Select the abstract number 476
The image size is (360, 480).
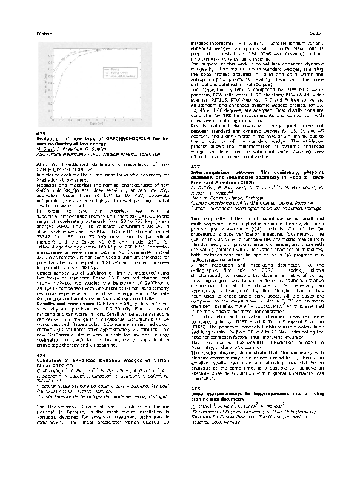41,338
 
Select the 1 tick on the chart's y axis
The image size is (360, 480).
52,42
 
